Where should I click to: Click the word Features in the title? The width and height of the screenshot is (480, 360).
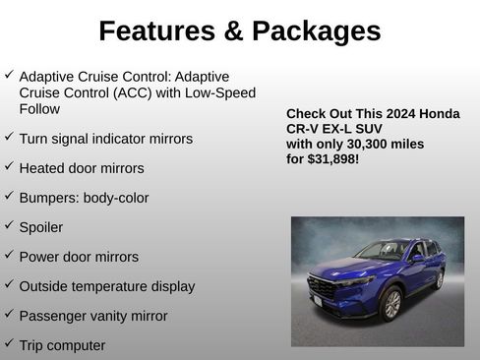pyautogui.click(x=156, y=31)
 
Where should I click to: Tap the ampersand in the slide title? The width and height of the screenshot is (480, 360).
pyautogui.click(x=232, y=31)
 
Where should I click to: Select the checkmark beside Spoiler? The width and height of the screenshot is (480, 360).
pyautogui.click(x=9, y=225)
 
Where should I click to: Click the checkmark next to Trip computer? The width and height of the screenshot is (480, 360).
pyautogui.click(x=9, y=343)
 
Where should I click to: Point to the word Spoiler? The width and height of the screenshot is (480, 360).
pyautogui.click(x=41, y=227)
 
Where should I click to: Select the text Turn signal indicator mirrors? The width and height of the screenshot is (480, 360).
pyautogui.click(x=106, y=139)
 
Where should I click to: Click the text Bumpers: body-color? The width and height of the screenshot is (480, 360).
pyautogui.click(x=84, y=198)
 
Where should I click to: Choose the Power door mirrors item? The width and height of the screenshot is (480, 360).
pyautogui.click(x=79, y=257)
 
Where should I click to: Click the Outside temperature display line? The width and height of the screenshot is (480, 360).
pyautogui.click(x=107, y=286)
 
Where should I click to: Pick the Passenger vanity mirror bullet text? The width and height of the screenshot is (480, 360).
pyautogui.click(x=93, y=316)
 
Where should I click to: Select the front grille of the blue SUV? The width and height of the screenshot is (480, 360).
pyautogui.click(x=322, y=288)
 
